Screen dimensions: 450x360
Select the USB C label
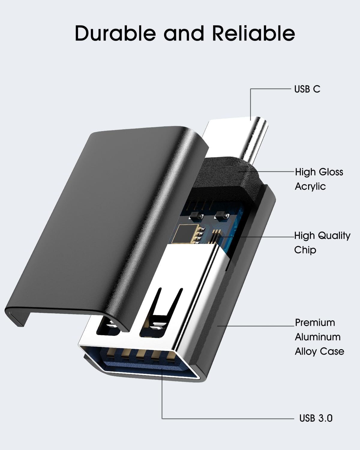click(307, 89)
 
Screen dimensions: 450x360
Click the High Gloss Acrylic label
click(319, 179)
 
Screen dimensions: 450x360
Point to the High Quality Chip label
click(322, 243)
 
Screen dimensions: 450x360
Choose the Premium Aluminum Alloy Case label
click(319, 337)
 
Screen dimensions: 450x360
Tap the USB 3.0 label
click(316, 418)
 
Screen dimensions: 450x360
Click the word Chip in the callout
click(305, 250)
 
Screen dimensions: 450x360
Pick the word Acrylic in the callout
click(310, 186)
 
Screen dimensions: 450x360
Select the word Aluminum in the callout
click(317, 337)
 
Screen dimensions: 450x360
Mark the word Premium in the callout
click(315, 322)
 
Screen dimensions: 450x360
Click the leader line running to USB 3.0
click(228, 418)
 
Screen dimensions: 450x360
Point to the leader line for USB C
click(270, 89)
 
